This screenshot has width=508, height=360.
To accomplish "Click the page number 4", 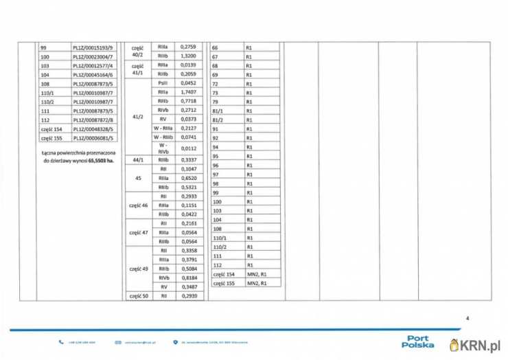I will pos(467,318).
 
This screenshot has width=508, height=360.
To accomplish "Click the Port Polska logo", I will pos(417,341).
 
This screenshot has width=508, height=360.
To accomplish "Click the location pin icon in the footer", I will pos(176,341).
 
